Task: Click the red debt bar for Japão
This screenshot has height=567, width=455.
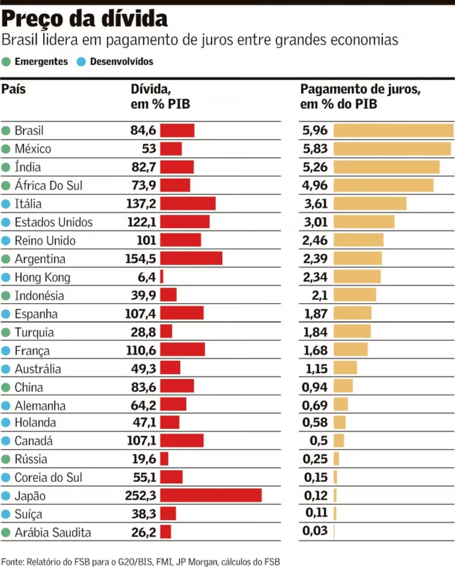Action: coord(211,496)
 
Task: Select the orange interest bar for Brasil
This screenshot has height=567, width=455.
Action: coord(393,131)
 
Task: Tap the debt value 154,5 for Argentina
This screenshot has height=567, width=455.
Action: coord(141,259)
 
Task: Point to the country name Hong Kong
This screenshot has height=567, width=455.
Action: coord(43,277)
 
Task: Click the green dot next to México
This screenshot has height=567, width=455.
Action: coord(6,149)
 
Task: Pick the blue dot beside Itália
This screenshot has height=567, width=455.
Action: coord(6,204)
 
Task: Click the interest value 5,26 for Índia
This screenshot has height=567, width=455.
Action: coord(315,167)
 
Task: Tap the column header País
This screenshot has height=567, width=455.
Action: coord(13,90)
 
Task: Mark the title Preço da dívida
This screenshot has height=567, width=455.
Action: coord(84,20)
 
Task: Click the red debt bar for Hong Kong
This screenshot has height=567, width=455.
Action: coord(162,277)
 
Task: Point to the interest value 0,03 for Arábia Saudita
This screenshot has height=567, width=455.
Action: coord(315,532)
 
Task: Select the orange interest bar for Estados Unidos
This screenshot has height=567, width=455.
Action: coord(364,222)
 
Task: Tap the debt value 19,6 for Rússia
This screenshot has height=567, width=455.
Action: coord(145,459)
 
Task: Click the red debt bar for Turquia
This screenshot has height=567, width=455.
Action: coord(166,332)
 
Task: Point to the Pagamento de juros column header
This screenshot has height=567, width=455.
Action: coord(360,96)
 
